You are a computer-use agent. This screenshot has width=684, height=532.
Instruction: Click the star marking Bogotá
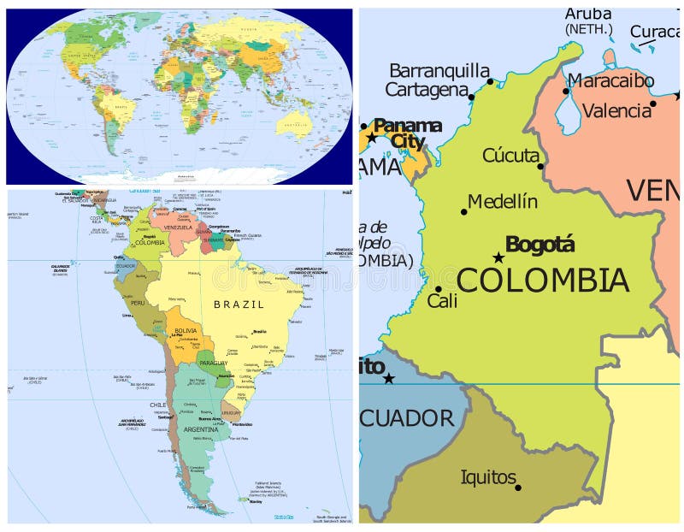pyautogui.click(x=498, y=257)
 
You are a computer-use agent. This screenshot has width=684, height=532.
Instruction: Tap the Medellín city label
pyautogui.click(x=503, y=202)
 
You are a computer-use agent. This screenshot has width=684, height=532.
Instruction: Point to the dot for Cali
pyautogui.click(x=438, y=289)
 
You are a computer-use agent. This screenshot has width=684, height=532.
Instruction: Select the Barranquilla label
pyautogui.click(x=439, y=70)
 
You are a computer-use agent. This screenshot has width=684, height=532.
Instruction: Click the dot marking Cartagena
pyautogui.click(x=471, y=98)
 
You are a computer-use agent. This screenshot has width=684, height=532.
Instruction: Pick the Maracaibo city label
pyautogui.click(x=611, y=81)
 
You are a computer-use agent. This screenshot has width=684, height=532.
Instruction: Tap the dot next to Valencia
pyautogui.click(x=652, y=103)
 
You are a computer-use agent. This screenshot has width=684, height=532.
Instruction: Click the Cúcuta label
pyautogui.click(x=510, y=155)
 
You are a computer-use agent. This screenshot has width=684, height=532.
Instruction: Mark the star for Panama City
pyautogui.click(x=372, y=136)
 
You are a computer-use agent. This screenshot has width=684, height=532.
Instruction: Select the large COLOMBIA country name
pyautogui.click(x=543, y=281)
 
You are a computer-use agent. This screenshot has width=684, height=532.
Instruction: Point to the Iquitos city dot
pyautogui.click(x=518, y=488)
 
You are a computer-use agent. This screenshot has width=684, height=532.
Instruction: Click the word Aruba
pyautogui.click(x=588, y=15)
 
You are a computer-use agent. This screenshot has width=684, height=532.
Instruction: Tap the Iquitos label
pyautogui.click(x=488, y=476)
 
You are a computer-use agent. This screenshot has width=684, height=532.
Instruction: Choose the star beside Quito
pyautogui.click(x=389, y=378)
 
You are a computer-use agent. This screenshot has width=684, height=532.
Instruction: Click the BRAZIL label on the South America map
pyautogui.click(x=239, y=304)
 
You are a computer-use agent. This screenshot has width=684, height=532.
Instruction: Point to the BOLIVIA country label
pyautogui.click(x=186, y=330)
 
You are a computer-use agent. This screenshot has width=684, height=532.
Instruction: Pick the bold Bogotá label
pyautogui.click(x=540, y=245)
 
